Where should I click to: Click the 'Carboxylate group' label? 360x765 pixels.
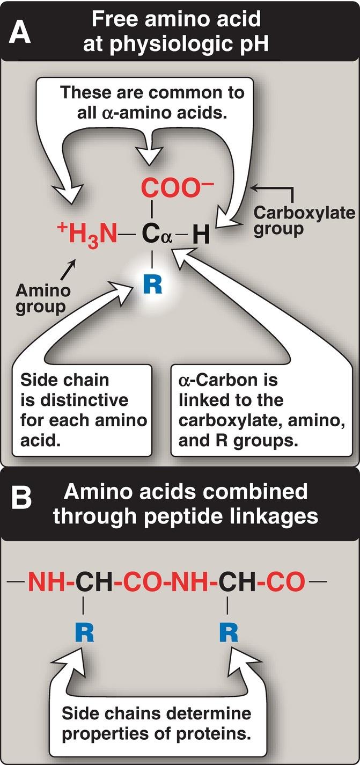tap(304, 220)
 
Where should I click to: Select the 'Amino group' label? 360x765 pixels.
tap(43, 299)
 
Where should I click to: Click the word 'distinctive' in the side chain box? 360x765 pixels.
tap(74, 400)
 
